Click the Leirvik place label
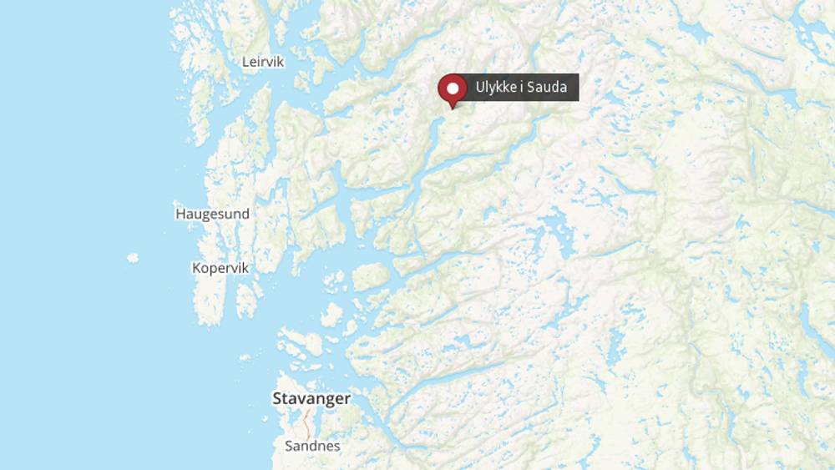click(x=263, y=62)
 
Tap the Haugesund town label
click(x=212, y=214)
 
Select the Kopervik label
click(x=220, y=268)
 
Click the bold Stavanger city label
click(x=311, y=399)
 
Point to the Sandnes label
click(x=312, y=446)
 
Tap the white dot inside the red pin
click(x=453, y=88)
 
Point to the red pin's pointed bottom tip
click(x=453, y=109)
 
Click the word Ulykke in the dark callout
click(x=496, y=88)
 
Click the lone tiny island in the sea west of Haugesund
click(x=133, y=258)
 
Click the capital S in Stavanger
click(x=278, y=399)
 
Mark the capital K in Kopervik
click(x=196, y=268)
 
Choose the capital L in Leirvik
click(x=245, y=62)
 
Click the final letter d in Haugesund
click(x=245, y=214)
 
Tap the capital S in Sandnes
click(x=289, y=446)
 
